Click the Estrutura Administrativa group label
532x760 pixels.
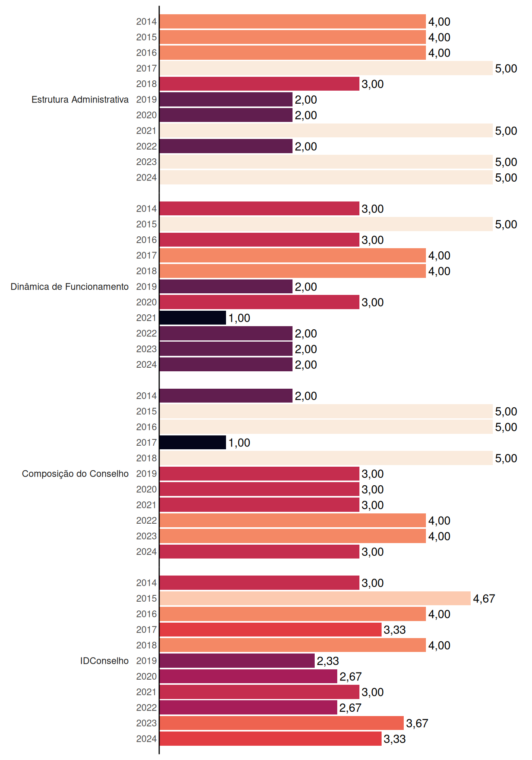point(80,99)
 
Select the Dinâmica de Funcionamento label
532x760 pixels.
point(70,287)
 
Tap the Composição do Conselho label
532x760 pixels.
point(75,474)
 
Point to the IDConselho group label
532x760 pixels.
point(104,661)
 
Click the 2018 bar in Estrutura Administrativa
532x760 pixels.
point(259,84)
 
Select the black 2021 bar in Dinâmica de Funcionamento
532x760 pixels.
point(193,318)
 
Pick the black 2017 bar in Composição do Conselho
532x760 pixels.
point(193,443)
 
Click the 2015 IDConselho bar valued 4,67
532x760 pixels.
point(315,598)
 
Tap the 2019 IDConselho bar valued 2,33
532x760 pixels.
point(237,661)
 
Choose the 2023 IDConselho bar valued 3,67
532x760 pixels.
point(281,723)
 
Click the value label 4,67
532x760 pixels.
point(484,598)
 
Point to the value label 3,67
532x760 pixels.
point(417,723)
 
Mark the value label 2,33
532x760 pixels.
point(328,661)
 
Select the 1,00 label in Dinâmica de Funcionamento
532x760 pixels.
point(239,318)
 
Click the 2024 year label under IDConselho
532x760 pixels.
point(146,739)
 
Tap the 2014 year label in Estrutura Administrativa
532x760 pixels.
point(146,21)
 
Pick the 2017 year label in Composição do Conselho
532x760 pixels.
point(146,443)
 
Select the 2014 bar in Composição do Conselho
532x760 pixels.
point(226,396)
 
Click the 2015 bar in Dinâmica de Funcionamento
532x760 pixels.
point(326,224)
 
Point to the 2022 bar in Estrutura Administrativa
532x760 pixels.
point(226,146)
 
